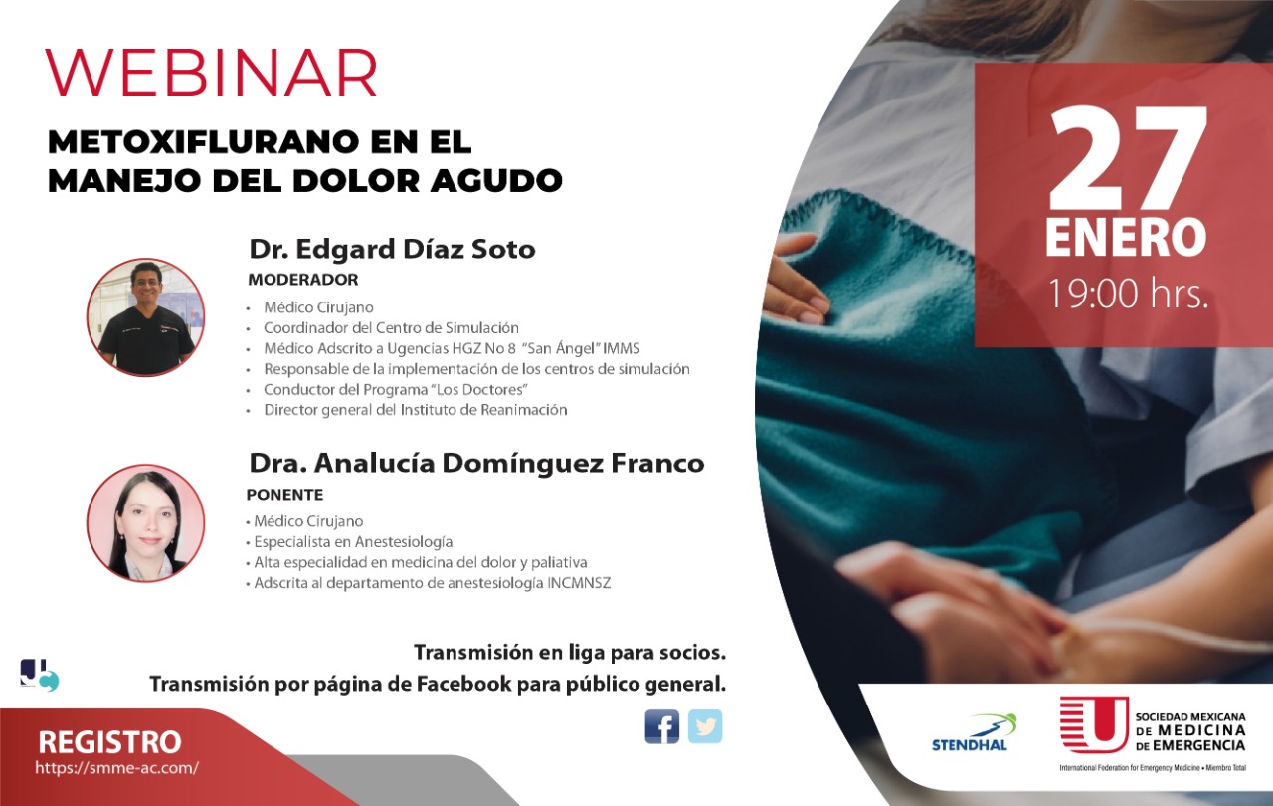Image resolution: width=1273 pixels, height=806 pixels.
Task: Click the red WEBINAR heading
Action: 211,73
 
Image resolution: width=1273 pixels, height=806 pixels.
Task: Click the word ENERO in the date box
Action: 1126,238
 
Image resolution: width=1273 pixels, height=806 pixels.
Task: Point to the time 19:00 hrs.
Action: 1128,294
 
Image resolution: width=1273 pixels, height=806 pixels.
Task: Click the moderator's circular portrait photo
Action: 146,317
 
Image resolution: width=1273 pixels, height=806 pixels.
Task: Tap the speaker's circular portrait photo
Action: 146,523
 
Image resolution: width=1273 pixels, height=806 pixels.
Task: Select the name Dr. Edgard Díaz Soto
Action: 392,249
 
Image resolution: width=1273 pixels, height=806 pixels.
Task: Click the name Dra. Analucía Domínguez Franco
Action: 476,464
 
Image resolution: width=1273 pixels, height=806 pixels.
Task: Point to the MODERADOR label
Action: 303,280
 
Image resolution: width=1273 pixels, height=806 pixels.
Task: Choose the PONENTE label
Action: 284,495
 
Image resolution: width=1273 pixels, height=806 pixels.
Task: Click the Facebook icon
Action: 662,726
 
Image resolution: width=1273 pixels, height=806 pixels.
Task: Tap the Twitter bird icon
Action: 705,726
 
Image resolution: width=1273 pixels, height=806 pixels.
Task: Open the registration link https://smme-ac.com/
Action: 117,768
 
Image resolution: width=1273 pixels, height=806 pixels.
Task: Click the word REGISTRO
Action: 109,741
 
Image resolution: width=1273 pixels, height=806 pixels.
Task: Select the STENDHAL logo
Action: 974,733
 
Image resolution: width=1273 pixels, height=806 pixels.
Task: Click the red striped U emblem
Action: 1094,724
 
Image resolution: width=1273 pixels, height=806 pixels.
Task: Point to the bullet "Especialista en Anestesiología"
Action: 349,542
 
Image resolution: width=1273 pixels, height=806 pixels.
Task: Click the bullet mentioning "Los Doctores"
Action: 388,390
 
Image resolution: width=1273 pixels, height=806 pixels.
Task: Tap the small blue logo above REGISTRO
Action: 39,676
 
